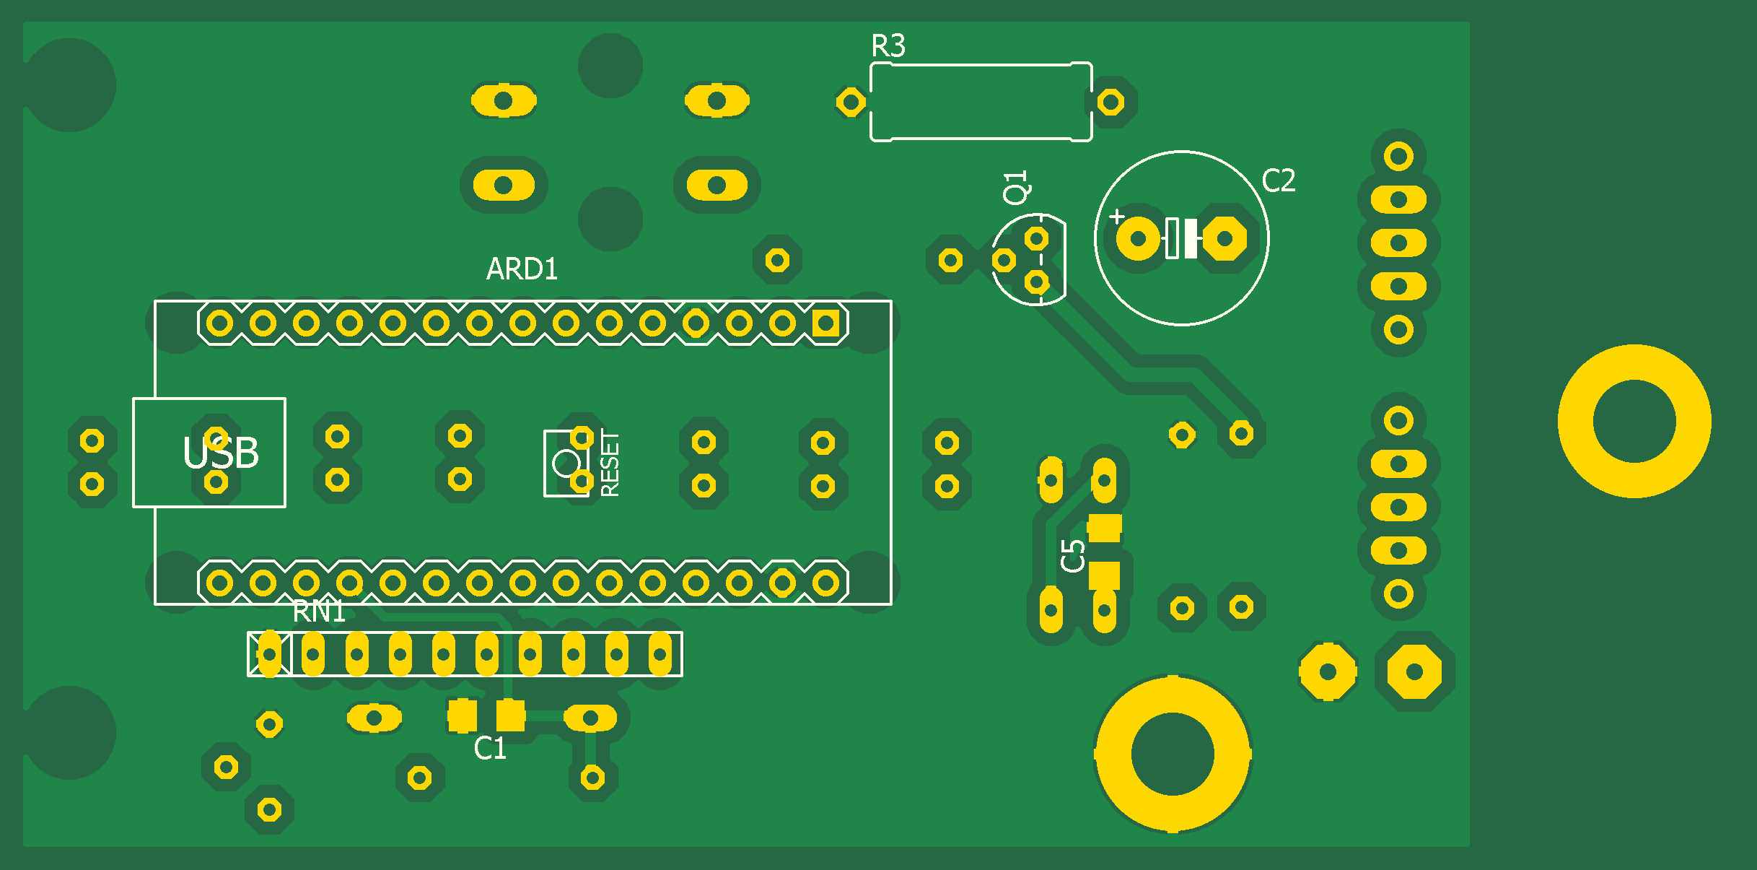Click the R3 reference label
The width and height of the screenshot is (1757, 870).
click(888, 46)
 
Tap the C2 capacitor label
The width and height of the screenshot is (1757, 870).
click(1279, 180)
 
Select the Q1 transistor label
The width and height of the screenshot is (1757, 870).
click(1016, 187)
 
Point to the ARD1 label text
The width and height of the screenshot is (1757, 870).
click(522, 269)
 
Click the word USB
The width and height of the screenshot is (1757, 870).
click(221, 453)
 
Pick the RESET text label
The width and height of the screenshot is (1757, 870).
click(610, 464)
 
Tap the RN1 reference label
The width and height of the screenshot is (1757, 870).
click(318, 612)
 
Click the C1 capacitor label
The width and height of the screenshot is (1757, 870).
click(490, 749)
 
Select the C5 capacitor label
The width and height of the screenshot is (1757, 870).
click(1074, 555)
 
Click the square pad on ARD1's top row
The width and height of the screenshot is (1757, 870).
click(825, 323)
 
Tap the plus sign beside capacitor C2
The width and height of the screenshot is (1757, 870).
click(1117, 217)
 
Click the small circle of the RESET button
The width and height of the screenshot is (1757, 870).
click(566, 464)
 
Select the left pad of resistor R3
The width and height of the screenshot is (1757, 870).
click(851, 102)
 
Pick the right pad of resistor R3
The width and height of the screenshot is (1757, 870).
click(1110, 102)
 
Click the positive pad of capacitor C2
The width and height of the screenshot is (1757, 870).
click(1138, 238)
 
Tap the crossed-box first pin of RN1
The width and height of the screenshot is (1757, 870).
click(269, 654)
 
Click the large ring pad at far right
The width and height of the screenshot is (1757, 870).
click(1634, 421)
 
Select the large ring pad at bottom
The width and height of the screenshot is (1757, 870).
click(1173, 754)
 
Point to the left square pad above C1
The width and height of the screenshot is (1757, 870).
click(462, 715)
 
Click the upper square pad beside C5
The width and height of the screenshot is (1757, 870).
click(1104, 528)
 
